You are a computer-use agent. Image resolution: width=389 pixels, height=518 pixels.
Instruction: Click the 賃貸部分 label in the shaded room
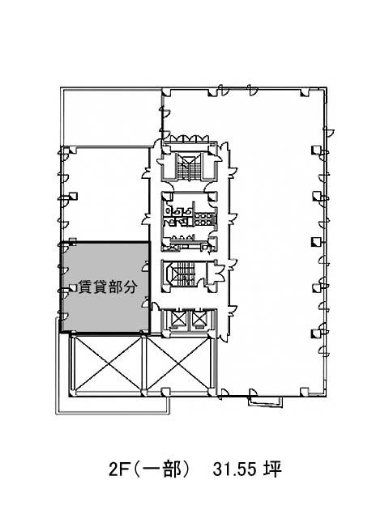tap(108, 287)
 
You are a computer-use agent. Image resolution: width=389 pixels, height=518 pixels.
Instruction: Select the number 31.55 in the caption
tap(234, 469)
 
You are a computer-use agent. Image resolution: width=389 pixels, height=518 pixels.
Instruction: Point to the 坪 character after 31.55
tap(272, 469)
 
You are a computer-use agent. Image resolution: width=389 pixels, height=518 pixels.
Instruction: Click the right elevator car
tap(199, 319)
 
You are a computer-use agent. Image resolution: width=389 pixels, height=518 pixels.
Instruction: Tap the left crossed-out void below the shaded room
tap(109, 363)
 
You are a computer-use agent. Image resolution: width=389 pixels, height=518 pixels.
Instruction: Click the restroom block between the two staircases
tap(189, 221)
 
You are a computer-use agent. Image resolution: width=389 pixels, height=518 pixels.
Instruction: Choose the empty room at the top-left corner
tap(112, 117)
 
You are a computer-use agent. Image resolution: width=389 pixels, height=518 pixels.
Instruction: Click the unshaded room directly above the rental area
tap(105, 194)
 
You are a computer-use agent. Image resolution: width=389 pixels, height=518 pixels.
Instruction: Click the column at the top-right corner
tap(305, 93)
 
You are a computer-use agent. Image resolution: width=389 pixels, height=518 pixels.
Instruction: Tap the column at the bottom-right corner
tap(305, 392)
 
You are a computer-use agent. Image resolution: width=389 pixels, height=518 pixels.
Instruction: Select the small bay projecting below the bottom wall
tap(266, 401)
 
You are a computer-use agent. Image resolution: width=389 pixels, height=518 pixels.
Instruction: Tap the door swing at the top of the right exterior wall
tap(329, 131)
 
